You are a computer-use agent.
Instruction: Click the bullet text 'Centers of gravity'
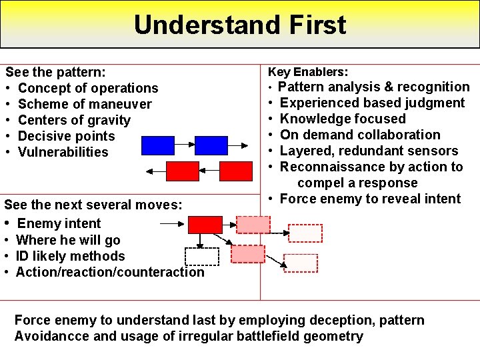(x=74, y=120)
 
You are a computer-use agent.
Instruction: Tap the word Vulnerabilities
(x=63, y=152)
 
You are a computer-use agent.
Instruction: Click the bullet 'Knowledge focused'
(x=343, y=119)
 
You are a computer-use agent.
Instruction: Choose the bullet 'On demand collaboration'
(x=360, y=135)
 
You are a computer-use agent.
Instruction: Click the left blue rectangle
(x=158, y=145)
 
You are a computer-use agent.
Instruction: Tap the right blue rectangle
(x=211, y=145)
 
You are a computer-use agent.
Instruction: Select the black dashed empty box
(x=201, y=257)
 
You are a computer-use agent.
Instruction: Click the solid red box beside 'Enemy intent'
(x=205, y=224)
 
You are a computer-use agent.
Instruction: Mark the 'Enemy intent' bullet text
(x=59, y=223)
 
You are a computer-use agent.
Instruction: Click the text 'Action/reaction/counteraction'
(x=110, y=272)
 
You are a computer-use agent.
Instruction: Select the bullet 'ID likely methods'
(x=70, y=256)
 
